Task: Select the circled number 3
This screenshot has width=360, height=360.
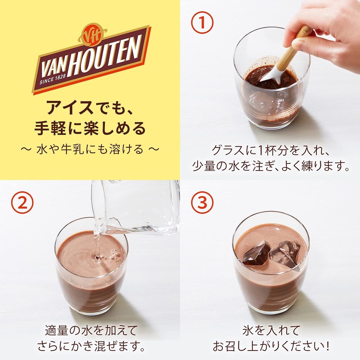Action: (x=201, y=203)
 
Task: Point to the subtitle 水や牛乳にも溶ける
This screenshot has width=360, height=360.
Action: (x=90, y=149)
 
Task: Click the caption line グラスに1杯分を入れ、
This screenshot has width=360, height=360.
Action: (x=270, y=149)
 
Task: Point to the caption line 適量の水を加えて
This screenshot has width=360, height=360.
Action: (x=90, y=330)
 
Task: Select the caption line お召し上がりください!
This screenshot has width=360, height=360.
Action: (x=270, y=347)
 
